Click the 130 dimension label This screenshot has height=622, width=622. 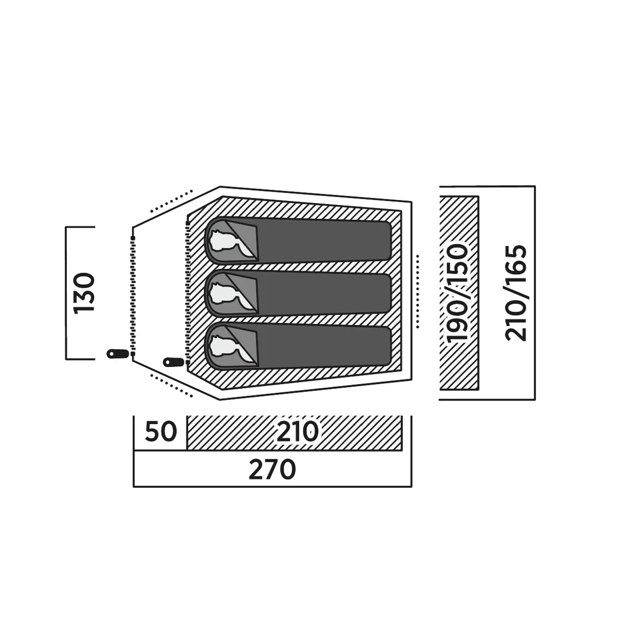point(84,293)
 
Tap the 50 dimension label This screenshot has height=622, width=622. point(161,431)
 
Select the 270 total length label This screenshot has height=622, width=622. point(272,470)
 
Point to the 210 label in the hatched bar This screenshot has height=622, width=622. point(298,431)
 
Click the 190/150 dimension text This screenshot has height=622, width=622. point(457,293)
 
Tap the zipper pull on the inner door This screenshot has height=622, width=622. point(173,362)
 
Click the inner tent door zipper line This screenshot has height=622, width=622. point(188,292)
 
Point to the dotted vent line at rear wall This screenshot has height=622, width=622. point(418,291)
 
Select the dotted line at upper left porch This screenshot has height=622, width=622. point(171,202)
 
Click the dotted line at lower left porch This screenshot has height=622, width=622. point(171,385)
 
